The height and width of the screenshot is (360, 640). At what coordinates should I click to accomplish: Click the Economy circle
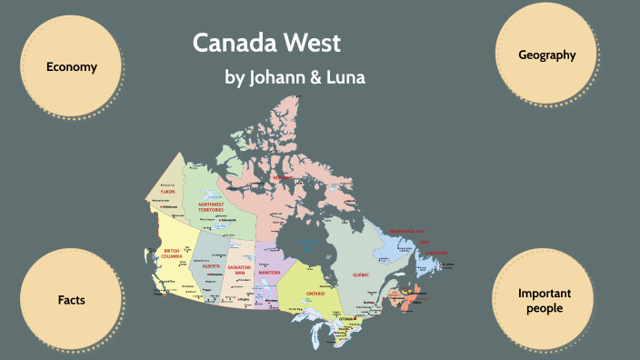coord(71,66)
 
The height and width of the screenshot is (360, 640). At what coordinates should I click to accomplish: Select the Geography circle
coord(547,55)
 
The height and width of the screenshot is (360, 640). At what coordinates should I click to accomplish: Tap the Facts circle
coord(71,299)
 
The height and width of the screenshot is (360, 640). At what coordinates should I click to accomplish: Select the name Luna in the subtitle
coord(345,77)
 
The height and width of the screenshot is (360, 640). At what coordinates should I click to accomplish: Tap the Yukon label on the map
coord(167,192)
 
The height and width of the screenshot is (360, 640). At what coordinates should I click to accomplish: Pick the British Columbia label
coord(173,253)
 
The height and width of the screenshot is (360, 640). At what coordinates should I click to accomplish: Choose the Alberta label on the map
coord(210,265)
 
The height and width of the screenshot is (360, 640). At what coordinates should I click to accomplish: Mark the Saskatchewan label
coord(238,269)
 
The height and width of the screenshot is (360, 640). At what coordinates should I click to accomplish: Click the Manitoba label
coord(270,272)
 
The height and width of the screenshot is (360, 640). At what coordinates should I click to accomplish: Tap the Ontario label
coord(315,294)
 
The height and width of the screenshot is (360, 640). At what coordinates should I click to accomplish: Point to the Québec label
coord(361,274)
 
